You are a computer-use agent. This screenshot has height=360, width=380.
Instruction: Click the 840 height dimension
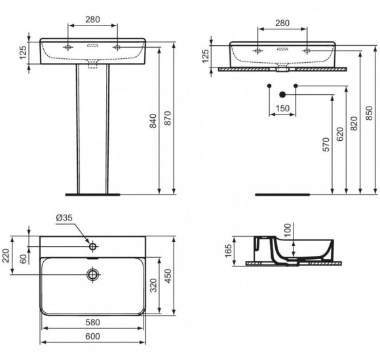point(153,121)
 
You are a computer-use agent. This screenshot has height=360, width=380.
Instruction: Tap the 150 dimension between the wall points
point(282,108)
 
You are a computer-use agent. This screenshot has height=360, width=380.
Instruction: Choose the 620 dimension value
point(339,134)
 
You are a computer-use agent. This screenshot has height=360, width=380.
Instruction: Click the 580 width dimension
point(93,323)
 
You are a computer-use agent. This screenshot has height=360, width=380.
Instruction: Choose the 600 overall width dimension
point(93,336)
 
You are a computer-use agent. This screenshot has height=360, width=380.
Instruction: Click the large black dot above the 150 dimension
point(282,94)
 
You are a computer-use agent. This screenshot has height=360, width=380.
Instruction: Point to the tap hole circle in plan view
point(93,247)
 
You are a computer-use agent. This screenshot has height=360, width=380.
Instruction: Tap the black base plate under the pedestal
point(93,194)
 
